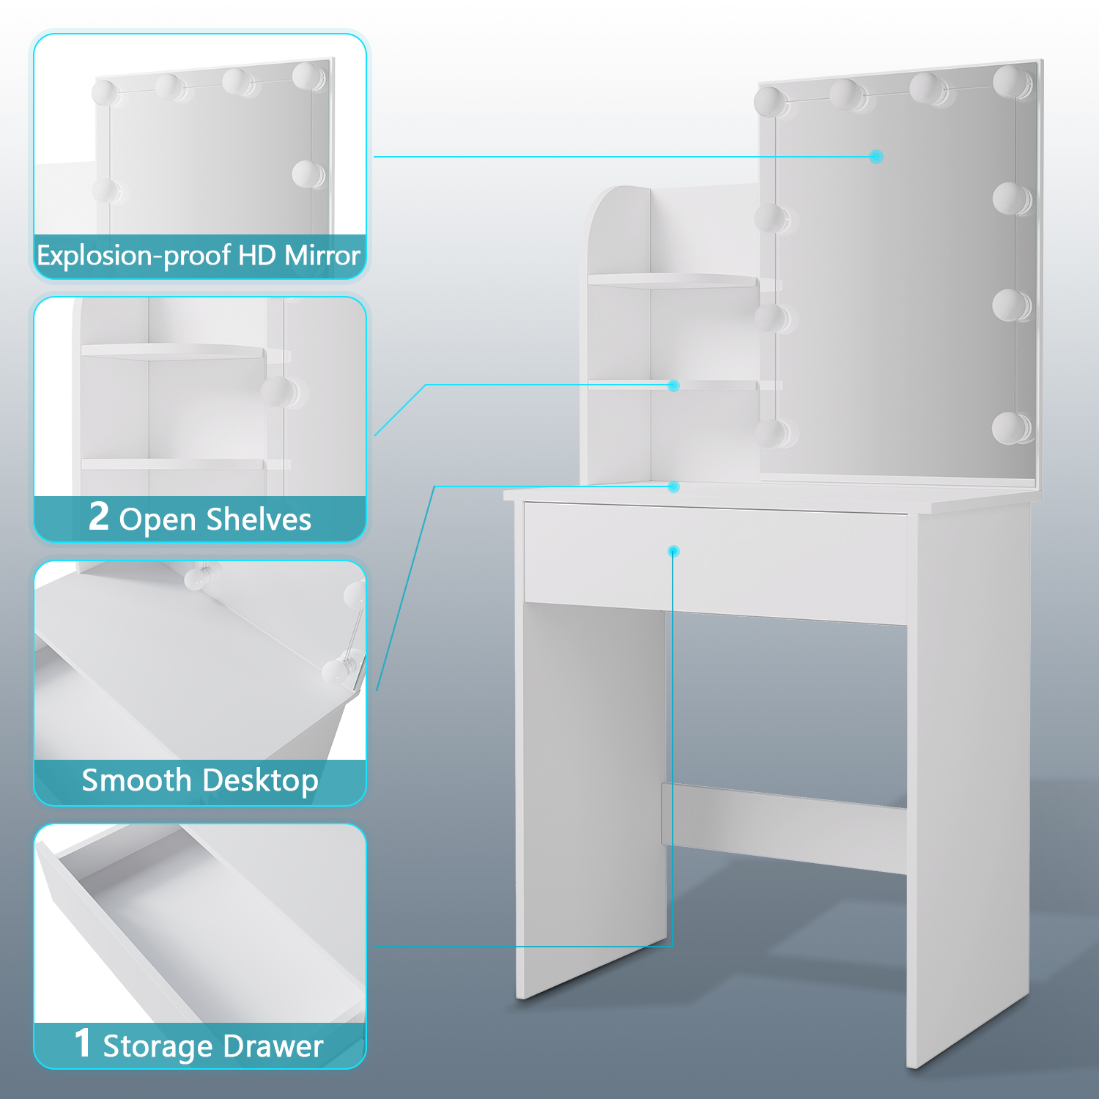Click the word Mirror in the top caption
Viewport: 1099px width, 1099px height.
coord(322,256)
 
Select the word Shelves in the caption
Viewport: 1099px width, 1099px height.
coord(259,519)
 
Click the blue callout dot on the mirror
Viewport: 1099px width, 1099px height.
coord(876,157)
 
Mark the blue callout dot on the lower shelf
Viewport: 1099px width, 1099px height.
coord(674,385)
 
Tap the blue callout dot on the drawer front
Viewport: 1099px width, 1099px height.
coord(674,551)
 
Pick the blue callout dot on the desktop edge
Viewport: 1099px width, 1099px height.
coord(674,486)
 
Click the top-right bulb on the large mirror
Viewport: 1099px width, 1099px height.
coord(1011,81)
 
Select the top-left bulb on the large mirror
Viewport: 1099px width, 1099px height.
coord(771,102)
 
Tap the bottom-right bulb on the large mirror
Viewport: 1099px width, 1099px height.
coord(1011,427)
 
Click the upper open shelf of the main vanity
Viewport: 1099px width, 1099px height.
coord(673,281)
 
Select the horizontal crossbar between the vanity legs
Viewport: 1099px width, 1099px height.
coord(784,828)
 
